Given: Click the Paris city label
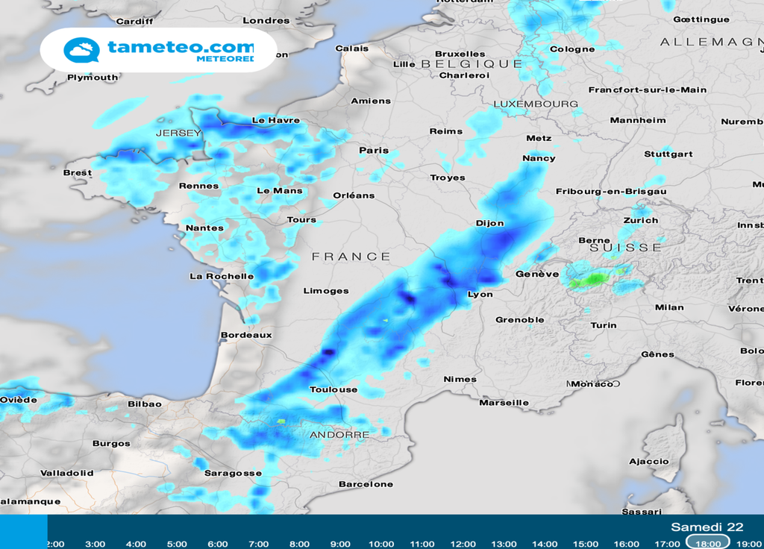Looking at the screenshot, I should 374,151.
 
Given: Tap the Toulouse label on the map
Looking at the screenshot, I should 334,390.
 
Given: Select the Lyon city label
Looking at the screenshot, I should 480,295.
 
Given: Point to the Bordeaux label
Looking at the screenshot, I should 246,336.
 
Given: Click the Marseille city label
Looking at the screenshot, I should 504,403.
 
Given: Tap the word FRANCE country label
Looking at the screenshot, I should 351,257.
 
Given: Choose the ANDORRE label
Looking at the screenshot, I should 339,435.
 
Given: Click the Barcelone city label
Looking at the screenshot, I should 366,485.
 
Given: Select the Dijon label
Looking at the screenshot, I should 489,223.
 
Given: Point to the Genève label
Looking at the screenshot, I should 537,274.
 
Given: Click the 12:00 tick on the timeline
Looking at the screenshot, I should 463,544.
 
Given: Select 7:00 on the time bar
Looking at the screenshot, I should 258,544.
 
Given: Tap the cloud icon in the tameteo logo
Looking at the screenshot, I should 81,51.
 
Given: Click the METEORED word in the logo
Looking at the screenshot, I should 225,58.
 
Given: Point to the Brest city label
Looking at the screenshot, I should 78,173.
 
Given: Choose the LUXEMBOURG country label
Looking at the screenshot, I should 536,104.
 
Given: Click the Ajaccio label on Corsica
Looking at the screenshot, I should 649,462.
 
